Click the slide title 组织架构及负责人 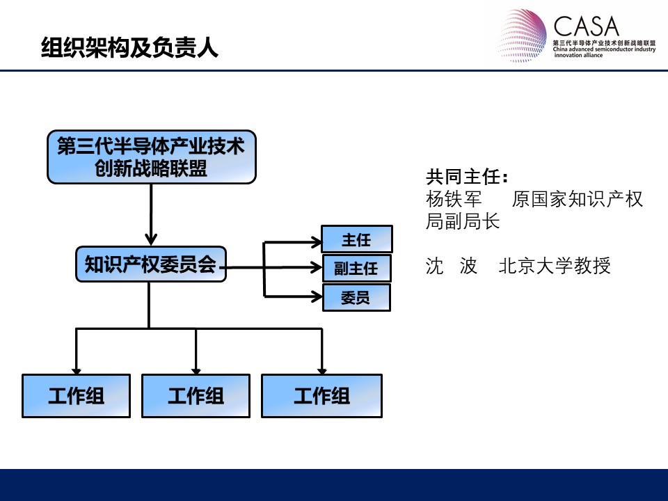(x=129, y=47)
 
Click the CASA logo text (x=586, y=26)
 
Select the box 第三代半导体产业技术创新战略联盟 (x=152, y=157)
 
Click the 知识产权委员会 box (x=151, y=264)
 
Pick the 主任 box (x=356, y=239)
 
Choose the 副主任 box (x=356, y=268)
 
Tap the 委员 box (x=356, y=297)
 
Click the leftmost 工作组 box (x=77, y=396)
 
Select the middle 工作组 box (x=196, y=396)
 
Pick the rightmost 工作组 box (x=321, y=396)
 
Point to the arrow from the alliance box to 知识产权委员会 (x=151, y=215)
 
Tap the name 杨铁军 (x=454, y=199)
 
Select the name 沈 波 (x=452, y=266)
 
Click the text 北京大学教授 (x=555, y=266)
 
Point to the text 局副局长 (x=463, y=221)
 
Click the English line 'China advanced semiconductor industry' (x=604, y=49)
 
